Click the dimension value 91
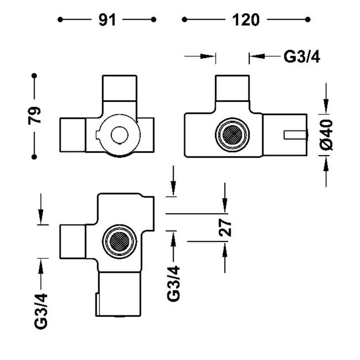coord(107,20)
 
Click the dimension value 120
coord(246,20)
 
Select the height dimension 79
coord(35,116)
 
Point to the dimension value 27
coord(225,227)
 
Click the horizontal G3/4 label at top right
coord(301,57)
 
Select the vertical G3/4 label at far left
coord(41,311)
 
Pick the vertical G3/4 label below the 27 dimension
coord(173,283)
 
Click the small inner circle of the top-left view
coord(119,135)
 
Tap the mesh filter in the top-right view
coord(232,135)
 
